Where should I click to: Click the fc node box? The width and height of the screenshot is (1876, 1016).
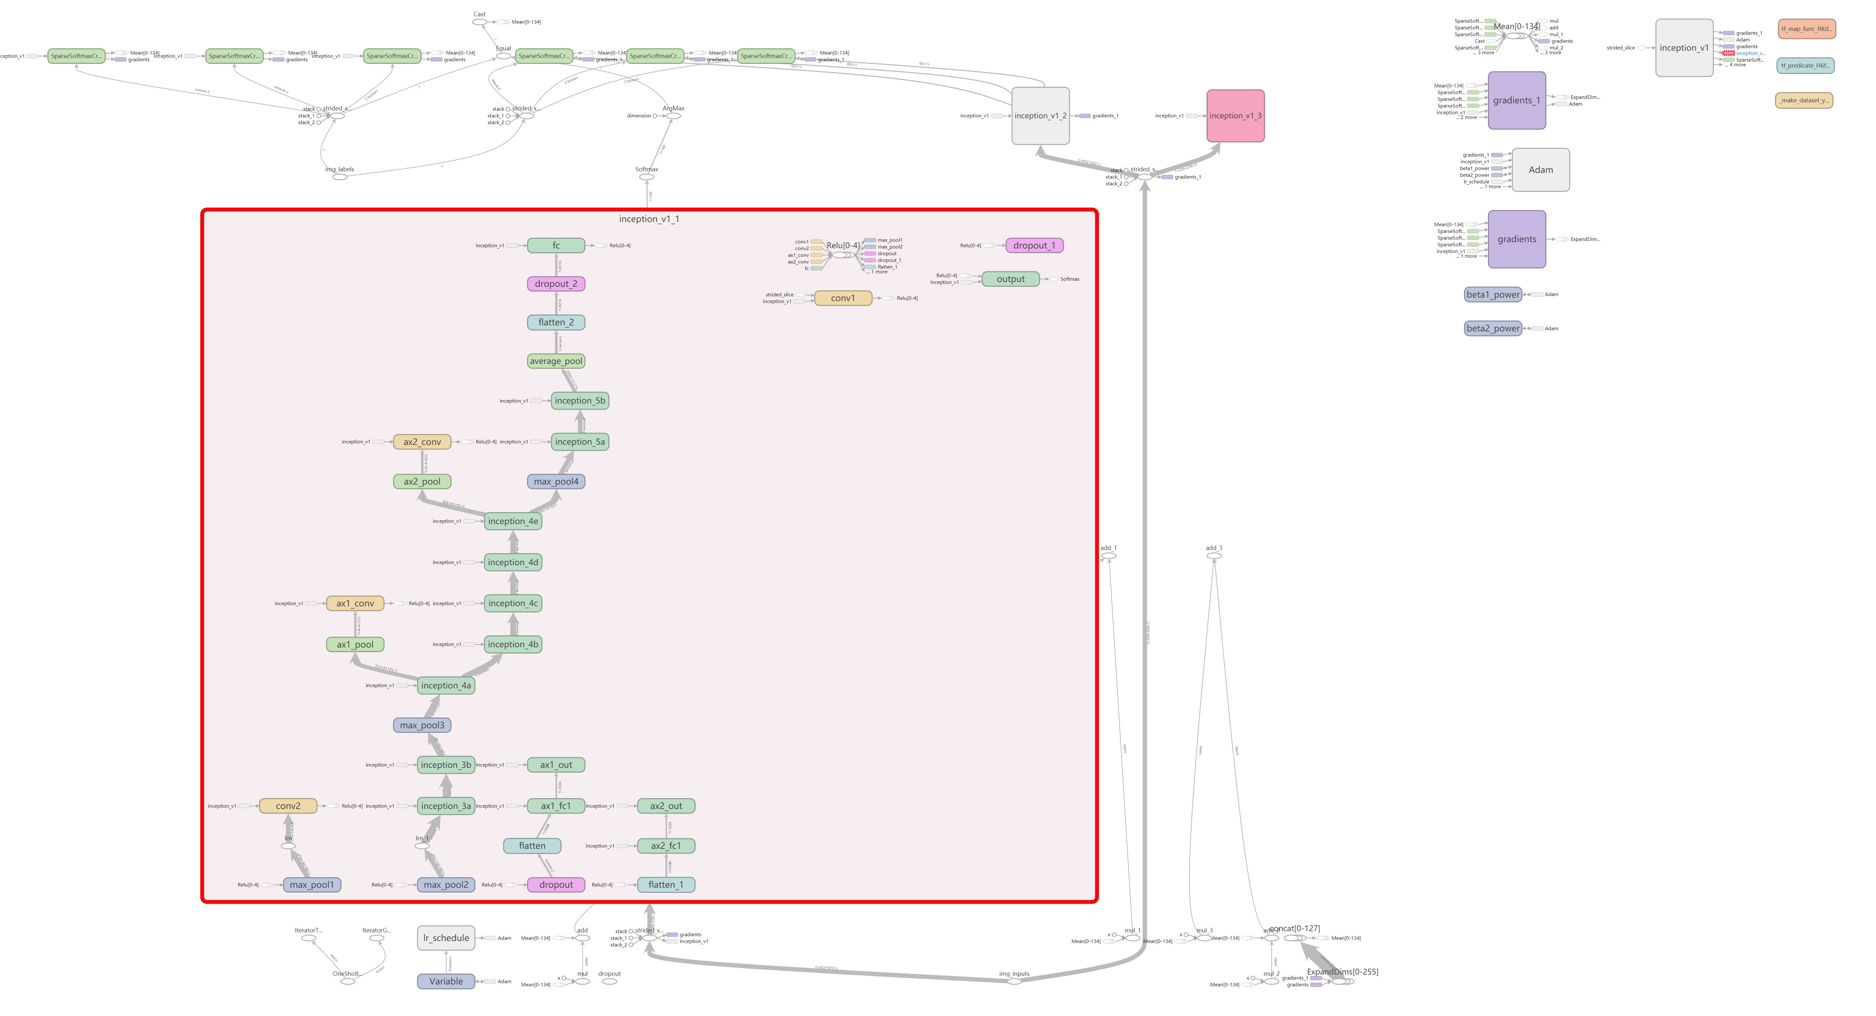(556, 245)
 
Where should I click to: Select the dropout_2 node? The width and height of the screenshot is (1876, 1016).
(556, 284)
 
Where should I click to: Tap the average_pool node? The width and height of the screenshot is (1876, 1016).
(556, 361)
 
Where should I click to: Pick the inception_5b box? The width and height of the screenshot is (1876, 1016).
(580, 401)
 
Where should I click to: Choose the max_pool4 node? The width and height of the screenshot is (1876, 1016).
(556, 481)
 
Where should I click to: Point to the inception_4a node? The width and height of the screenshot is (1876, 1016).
(446, 685)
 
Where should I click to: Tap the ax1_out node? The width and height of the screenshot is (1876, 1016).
(556, 765)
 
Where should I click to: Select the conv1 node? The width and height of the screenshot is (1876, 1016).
(843, 298)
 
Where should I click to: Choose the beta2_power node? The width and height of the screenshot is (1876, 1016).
(1493, 329)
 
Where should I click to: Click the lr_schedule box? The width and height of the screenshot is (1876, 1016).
(446, 938)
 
